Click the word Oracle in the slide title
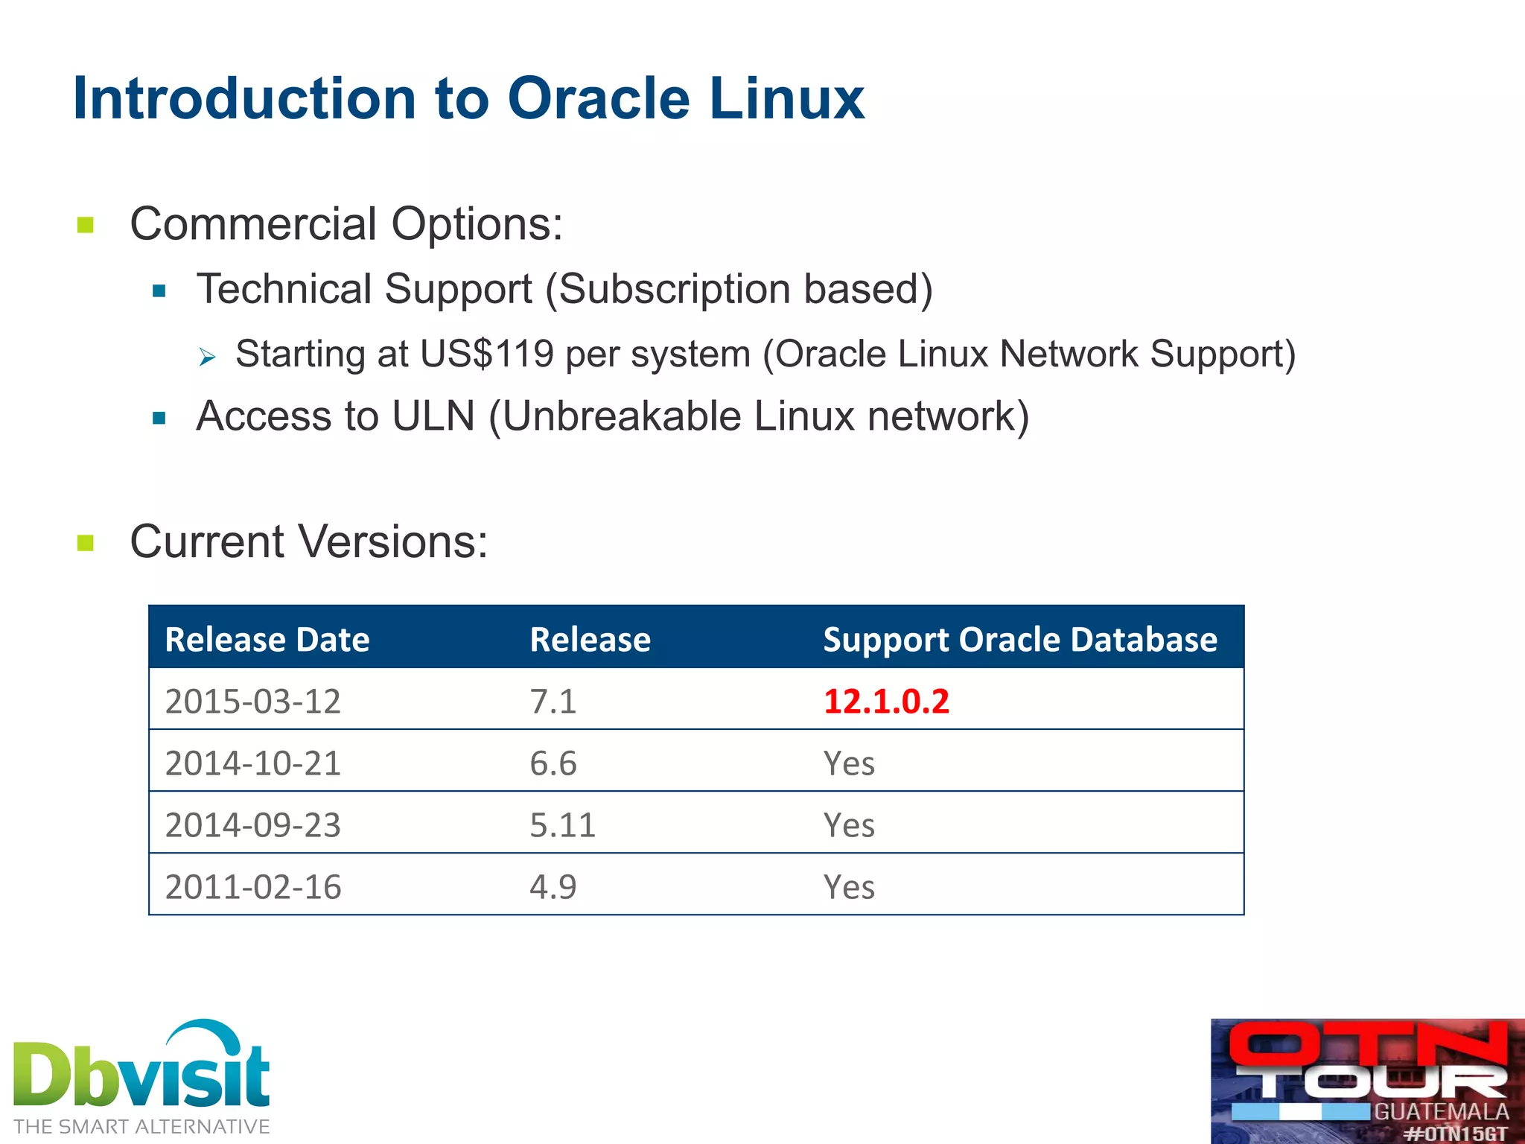(x=599, y=98)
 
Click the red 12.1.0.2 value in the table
(x=886, y=702)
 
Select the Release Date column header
(x=267, y=640)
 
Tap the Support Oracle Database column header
(x=1019, y=640)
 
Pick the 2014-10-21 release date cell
(x=253, y=763)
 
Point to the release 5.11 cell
(x=562, y=825)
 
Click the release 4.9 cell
(x=553, y=887)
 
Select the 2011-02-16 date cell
(x=253, y=887)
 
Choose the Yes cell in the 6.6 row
(x=849, y=763)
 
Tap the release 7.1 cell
(x=553, y=702)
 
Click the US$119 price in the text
(x=487, y=354)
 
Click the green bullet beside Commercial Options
(x=86, y=225)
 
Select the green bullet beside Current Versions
(x=86, y=543)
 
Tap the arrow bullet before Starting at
(x=207, y=357)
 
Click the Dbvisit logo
(x=141, y=1069)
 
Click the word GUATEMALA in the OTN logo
(x=1441, y=1112)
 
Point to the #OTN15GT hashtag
(x=1456, y=1134)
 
